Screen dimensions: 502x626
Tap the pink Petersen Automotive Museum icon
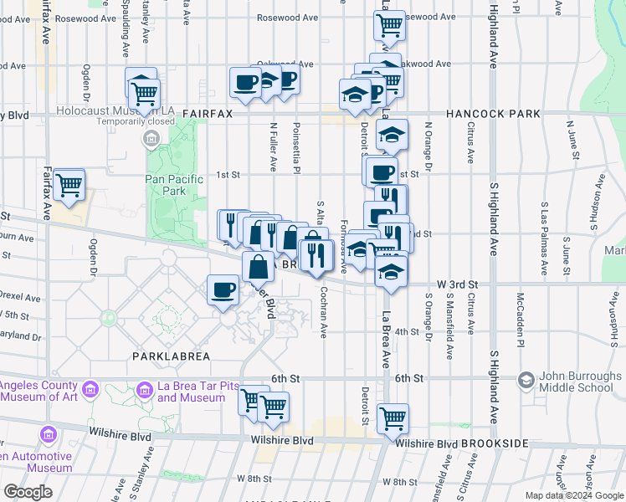tap(48, 435)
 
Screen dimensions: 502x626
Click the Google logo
tap(28, 492)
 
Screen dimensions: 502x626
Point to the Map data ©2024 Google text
tap(574, 495)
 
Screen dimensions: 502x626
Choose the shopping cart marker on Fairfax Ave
tap(69, 186)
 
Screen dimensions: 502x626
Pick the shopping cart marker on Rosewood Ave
tap(389, 25)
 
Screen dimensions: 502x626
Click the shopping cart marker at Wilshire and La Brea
tap(392, 418)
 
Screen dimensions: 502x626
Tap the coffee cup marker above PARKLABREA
tap(223, 290)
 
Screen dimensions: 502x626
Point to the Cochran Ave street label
tap(324, 312)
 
